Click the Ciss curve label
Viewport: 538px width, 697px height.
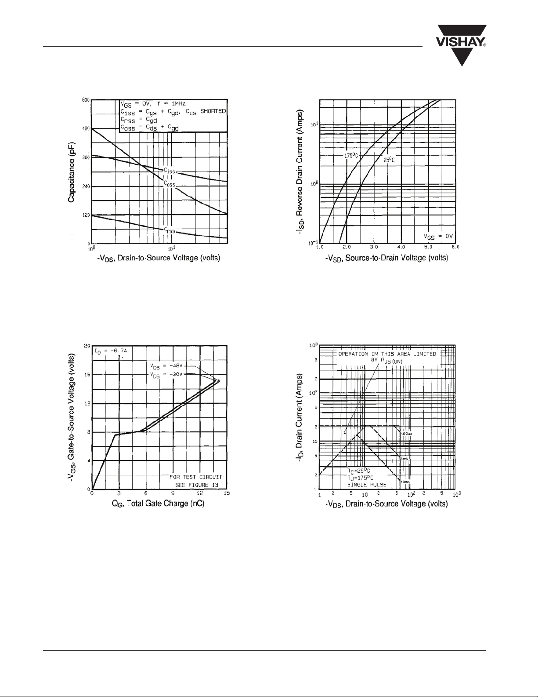(x=169, y=171)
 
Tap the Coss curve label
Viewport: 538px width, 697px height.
(x=170, y=183)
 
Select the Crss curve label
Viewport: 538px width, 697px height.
(x=169, y=230)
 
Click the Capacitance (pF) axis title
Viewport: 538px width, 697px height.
(x=71, y=172)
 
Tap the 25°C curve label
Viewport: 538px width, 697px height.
(x=389, y=161)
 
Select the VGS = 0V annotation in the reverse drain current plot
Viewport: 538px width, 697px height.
(x=438, y=236)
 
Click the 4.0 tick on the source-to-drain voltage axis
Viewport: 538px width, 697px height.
(x=401, y=247)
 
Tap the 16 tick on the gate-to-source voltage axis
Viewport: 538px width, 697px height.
(x=87, y=375)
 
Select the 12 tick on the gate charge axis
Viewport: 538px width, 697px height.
(x=199, y=493)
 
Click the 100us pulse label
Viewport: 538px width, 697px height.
(x=406, y=434)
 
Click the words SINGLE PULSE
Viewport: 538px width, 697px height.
(x=367, y=485)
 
